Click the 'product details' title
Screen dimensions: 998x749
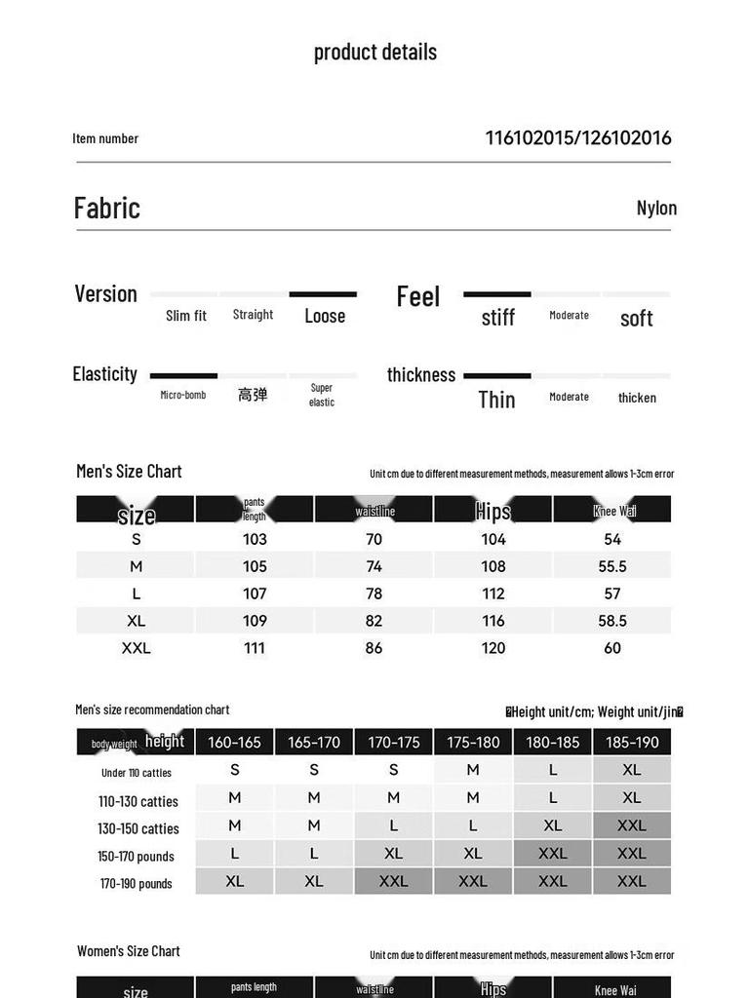point(374,53)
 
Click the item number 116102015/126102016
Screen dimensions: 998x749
point(578,137)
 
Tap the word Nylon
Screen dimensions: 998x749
point(656,208)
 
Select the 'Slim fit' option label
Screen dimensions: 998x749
point(185,316)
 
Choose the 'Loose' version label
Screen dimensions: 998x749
point(325,316)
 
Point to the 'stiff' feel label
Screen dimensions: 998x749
point(497,318)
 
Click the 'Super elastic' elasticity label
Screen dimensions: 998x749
point(322,395)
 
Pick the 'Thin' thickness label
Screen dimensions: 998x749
point(496,399)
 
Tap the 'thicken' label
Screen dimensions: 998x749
point(637,398)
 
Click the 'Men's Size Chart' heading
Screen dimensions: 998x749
point(129,472)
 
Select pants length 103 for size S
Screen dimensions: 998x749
point(255,539)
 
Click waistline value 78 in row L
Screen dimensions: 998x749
point(374,594)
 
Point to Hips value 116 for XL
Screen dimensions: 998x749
point(493,621)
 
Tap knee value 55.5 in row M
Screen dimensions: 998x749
point(612,566)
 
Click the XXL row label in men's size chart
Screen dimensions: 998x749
point(136,648)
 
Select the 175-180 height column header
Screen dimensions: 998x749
point(473,743)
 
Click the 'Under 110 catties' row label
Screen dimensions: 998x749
point(137,773)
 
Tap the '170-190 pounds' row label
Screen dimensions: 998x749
point(137,884)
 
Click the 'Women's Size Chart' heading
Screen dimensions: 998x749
point(129,951)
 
